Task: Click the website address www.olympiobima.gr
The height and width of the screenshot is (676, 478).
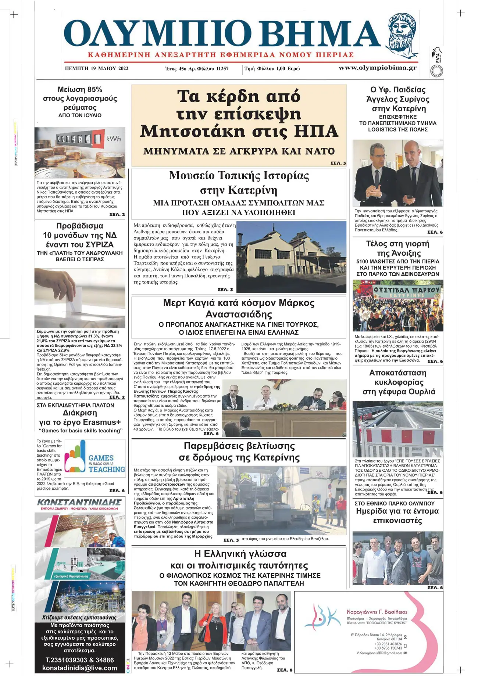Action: (x=377, y=68)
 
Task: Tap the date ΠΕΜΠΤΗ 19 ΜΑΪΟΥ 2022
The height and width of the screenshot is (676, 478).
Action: (x=96, y=68)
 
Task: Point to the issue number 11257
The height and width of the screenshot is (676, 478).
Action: (x=222, y=69)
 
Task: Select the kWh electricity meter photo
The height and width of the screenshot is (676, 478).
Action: (x=80, y=152)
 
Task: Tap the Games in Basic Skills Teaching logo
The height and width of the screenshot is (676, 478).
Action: (x=95, y=458)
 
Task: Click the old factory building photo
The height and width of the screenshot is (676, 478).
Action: (x=291, y=257)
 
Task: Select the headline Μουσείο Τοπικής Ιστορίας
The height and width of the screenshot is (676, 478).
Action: (x=239, y=176)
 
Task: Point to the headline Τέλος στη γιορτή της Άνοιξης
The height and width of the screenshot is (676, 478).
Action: (x=397, y=248)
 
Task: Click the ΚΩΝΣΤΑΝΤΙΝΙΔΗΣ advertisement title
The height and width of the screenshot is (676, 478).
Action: (x=79, y=502)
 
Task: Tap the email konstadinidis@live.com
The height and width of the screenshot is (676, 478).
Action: (x=79, y=668)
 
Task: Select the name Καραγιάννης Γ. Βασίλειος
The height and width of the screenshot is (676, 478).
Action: (x=377, y=612)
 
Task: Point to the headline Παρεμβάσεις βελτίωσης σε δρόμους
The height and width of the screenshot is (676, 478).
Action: (x=239, y=452)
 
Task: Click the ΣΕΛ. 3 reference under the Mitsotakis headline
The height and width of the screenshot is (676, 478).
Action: (x=338, y=163)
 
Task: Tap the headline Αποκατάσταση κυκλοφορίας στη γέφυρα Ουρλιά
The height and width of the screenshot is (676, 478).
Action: (x=398, y=382)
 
